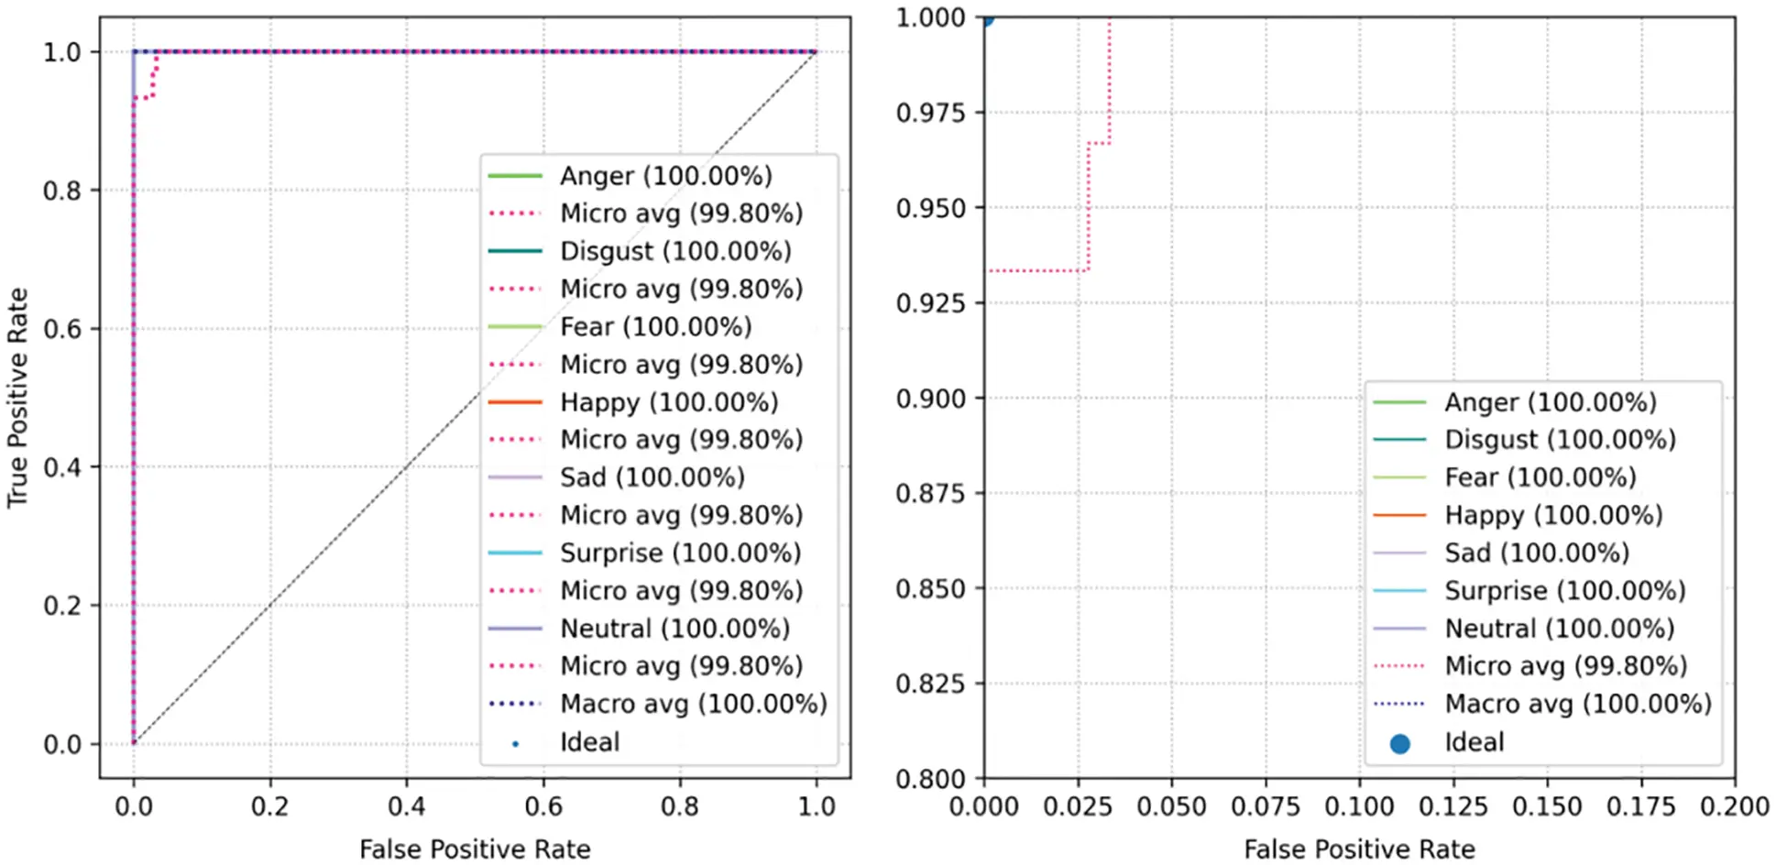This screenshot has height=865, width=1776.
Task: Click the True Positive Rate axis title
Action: tap(18, 398)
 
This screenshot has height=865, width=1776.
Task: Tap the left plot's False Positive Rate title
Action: tap(475, 849)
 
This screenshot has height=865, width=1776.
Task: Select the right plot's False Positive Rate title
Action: tap(1359, 849)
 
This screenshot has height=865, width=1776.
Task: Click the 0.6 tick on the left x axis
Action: tap(543, 806)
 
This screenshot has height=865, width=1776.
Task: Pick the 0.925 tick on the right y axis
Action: tap(930, 302)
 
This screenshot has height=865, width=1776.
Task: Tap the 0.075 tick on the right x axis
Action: tap(1266, 806)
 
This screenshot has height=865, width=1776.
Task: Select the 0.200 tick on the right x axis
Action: tap(1734, 806)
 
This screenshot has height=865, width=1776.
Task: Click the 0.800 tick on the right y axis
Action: tap(930, 779)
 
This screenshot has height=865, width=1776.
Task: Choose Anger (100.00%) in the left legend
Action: tap(666, 176)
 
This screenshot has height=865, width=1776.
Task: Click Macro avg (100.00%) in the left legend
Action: tap(694, 704)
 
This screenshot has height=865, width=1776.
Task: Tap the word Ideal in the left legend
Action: tap(590, 742)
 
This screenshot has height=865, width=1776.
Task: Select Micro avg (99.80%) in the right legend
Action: tap(1565, 666)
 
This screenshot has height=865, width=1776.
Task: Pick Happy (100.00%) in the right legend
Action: tap(1553, 515)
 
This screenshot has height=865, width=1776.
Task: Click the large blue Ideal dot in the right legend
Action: tap(1399, 743)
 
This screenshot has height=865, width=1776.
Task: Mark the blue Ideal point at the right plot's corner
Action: tap(985, 17)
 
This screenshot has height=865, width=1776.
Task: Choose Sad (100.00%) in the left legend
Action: tap(652, 477)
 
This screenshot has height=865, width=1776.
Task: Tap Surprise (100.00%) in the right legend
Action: tap(1565, 591)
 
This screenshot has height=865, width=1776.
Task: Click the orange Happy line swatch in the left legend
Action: tap(515, 402)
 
